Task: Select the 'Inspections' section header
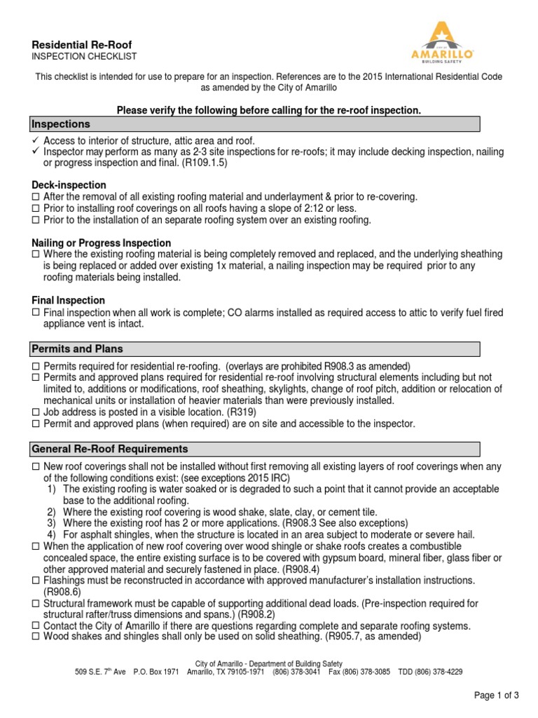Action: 61,124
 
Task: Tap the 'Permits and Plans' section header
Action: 78,348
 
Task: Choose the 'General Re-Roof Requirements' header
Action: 110,449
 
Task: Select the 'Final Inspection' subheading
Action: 69,301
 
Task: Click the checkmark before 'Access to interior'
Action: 36,140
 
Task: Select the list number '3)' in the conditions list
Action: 53,523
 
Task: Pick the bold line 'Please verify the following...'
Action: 268,110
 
